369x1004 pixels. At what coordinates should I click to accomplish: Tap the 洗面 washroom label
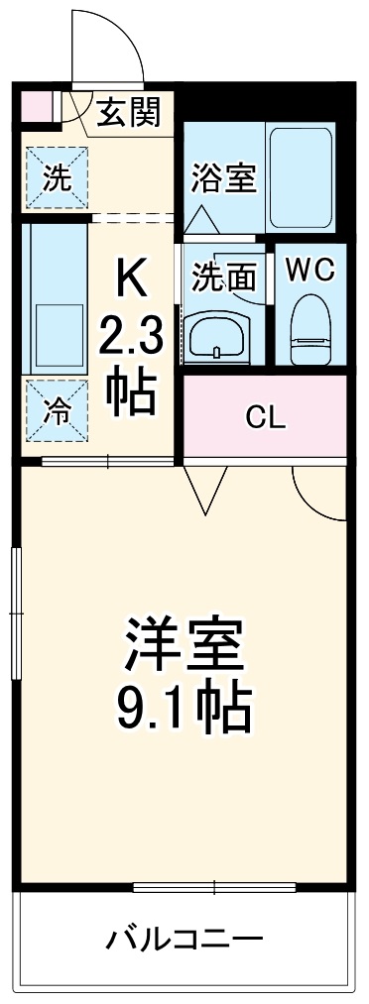(224, 278)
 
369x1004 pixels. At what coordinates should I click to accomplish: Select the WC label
(310, 270)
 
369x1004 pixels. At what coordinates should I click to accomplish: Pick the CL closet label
(266, 417)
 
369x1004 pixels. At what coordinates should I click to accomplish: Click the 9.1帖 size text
(184, 707)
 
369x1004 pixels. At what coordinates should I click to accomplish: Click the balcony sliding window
(214, 887)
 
